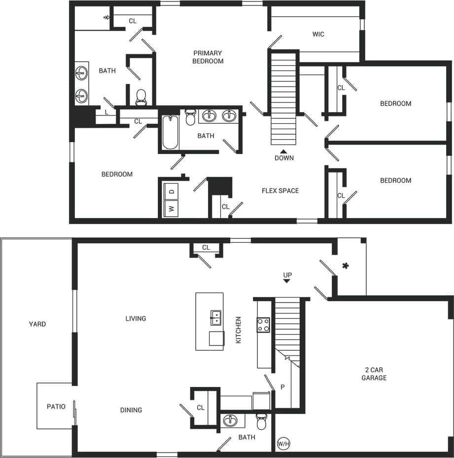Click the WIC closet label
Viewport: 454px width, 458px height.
click(x=318, y=35)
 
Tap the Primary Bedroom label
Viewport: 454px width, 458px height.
click(x=208, y=57)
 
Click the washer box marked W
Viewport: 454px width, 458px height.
click(x=171, y=208)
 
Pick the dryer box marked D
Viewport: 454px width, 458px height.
click(x=171, y=191)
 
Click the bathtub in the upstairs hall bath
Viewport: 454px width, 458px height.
click(x=170, y=132)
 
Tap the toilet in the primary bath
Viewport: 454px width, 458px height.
click(x=141, y=97)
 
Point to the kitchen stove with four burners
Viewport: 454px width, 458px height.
click(x=263, y=325)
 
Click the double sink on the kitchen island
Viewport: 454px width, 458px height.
click(x=216, y=318)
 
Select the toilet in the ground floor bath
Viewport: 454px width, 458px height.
click(x=261, y=422)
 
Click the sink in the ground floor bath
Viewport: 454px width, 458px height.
click(x=230, y=421)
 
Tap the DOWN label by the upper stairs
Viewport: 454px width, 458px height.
click(x=284, y=158)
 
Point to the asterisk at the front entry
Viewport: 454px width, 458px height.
click(x=346, y=266)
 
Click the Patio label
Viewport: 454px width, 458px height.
click(x=56, y=407)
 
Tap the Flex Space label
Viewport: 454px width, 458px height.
click(x=280, y=191)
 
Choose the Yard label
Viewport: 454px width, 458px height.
click(x=37, y=324)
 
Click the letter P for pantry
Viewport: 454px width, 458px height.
click(x=282, y=387)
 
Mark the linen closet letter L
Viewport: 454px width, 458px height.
click(x=106, y=113)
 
